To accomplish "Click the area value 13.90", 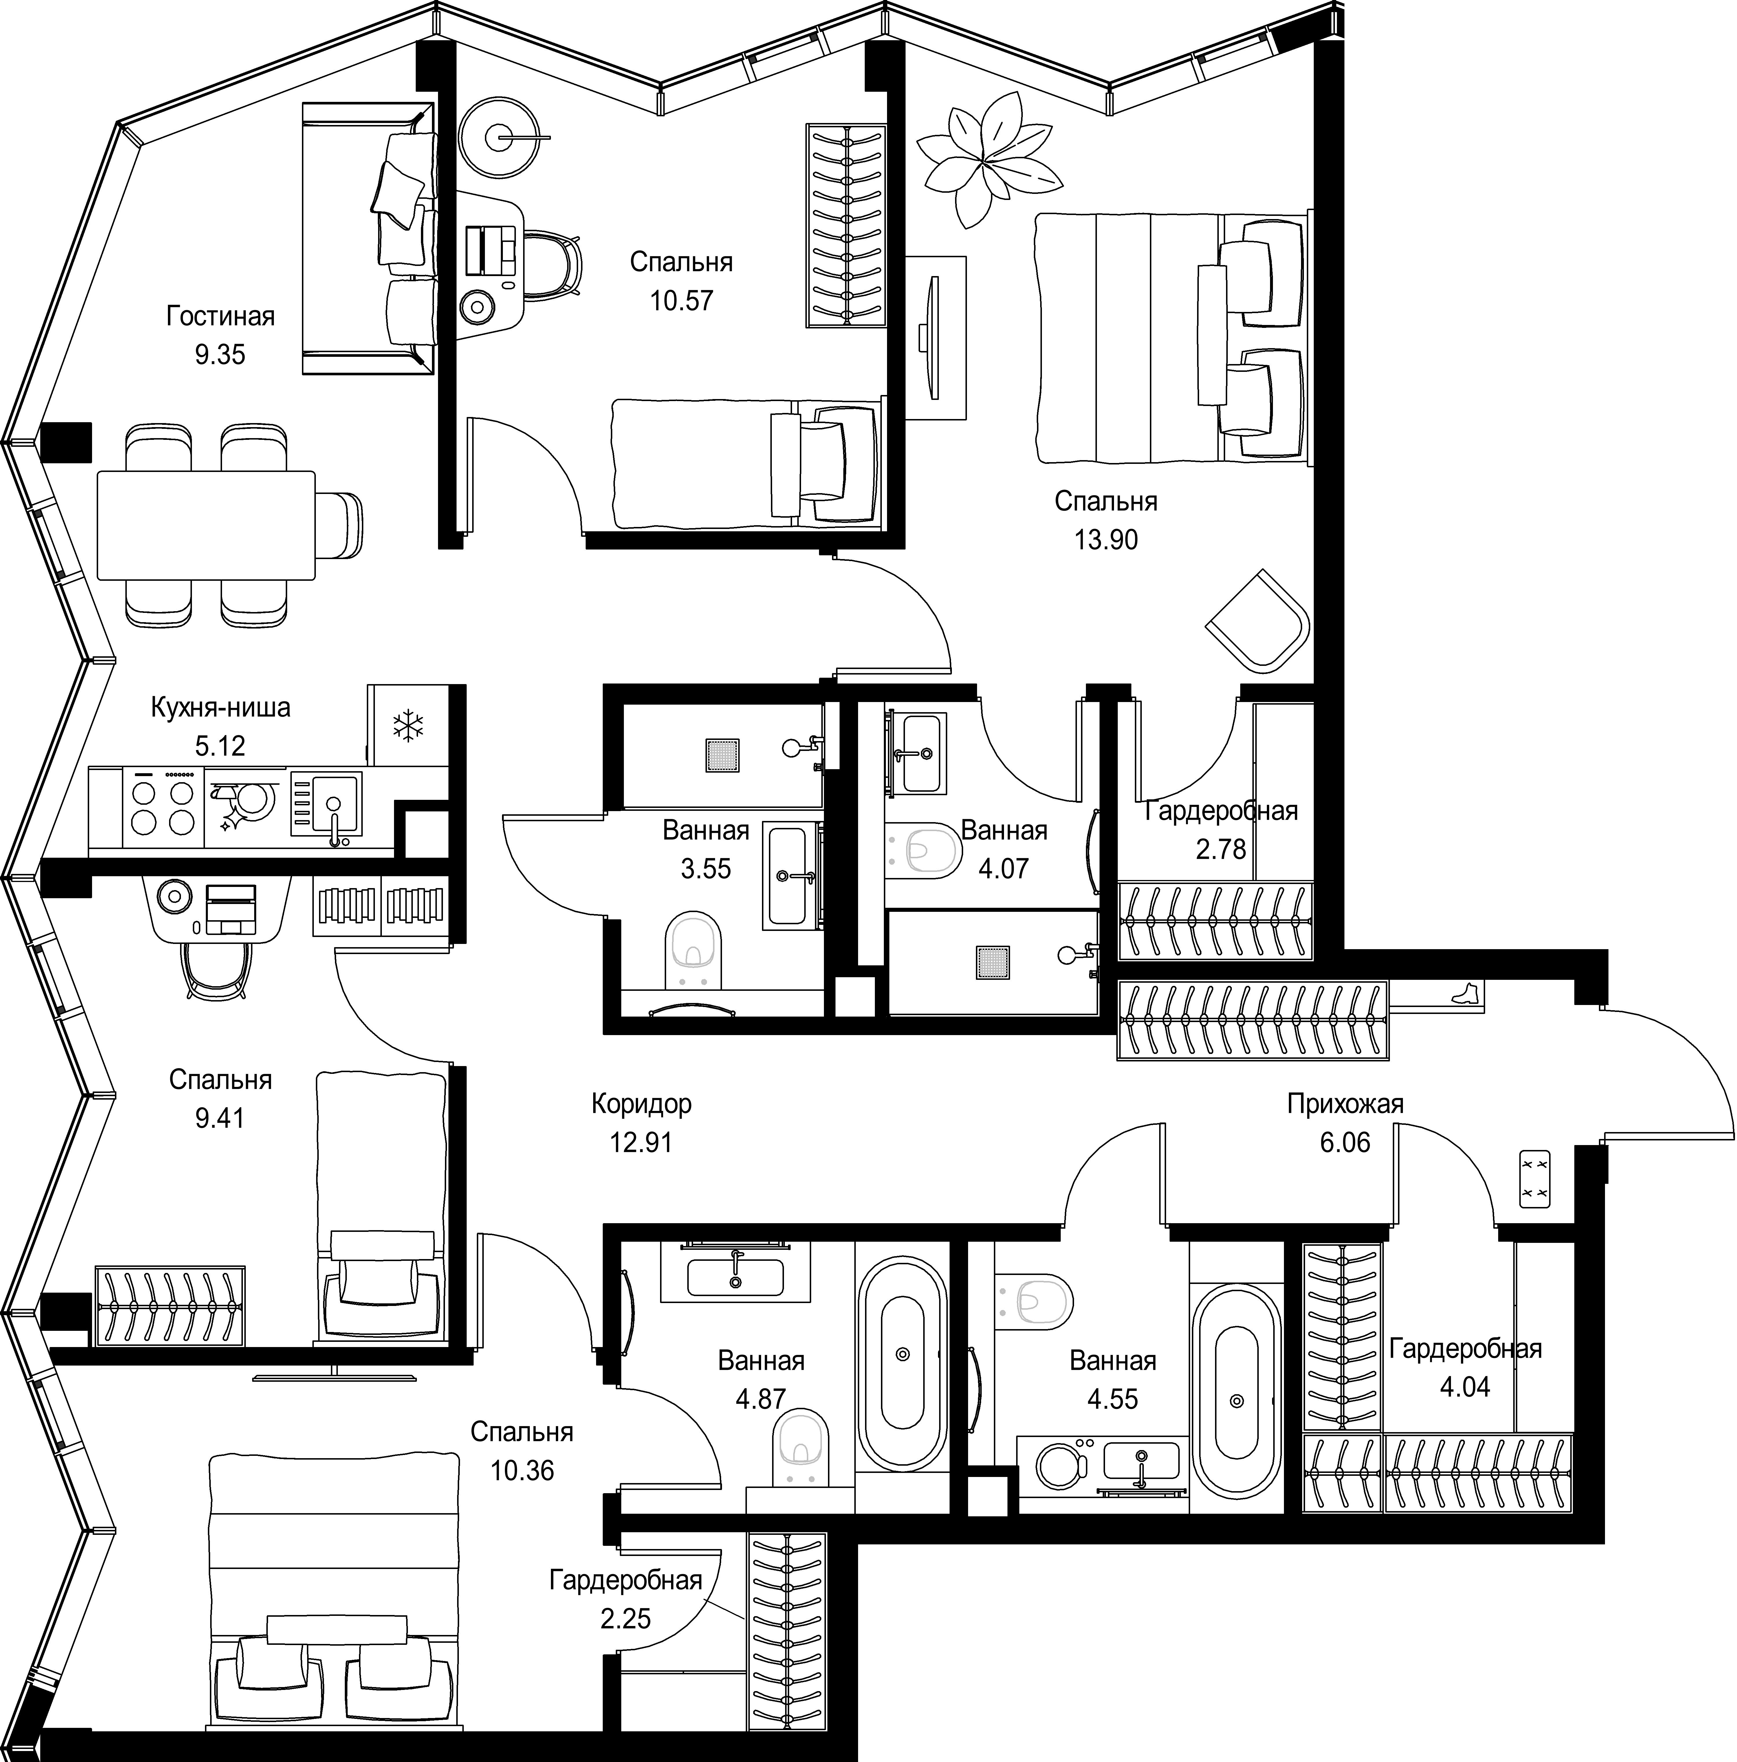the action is (x=1106, y=540).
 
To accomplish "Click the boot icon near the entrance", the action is (x=1465, y=993).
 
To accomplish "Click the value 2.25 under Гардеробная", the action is (x=626, y=1619).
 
